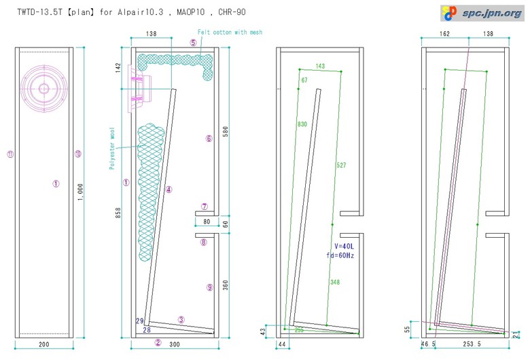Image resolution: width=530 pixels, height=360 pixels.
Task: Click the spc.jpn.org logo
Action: (482, 13)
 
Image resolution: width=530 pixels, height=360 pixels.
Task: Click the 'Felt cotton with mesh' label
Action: (230, 32)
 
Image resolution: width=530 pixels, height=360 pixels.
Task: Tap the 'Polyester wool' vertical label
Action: (112, 148)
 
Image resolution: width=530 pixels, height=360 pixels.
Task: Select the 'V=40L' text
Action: (344, 247)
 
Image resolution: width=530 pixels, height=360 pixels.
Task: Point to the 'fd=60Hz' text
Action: (340, 255)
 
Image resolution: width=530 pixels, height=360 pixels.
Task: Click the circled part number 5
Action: (193, 43)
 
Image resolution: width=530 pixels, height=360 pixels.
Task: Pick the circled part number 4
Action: (169, 190)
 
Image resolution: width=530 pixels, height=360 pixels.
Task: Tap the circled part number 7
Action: (204, 206)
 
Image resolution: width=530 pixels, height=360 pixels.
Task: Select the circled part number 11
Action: (10, 154)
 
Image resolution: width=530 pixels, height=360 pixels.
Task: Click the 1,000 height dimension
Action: (80, 192)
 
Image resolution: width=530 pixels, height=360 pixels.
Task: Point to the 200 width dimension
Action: (44, 344)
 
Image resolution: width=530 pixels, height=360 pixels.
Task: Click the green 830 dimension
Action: (302, 124)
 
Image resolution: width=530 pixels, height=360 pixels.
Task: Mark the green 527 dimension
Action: (341, 165)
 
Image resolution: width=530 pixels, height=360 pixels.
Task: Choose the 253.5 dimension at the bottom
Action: (472, 344)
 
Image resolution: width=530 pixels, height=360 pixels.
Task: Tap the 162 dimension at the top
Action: (445, 33)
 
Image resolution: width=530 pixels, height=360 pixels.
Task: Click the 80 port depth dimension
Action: (207, 221)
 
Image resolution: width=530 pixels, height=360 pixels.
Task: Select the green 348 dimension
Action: (334, 283)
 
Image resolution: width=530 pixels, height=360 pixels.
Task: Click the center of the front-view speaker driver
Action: (44, 88)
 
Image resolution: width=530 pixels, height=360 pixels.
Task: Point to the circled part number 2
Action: (158, 342)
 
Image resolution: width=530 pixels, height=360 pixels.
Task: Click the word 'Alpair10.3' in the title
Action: (140, 12)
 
